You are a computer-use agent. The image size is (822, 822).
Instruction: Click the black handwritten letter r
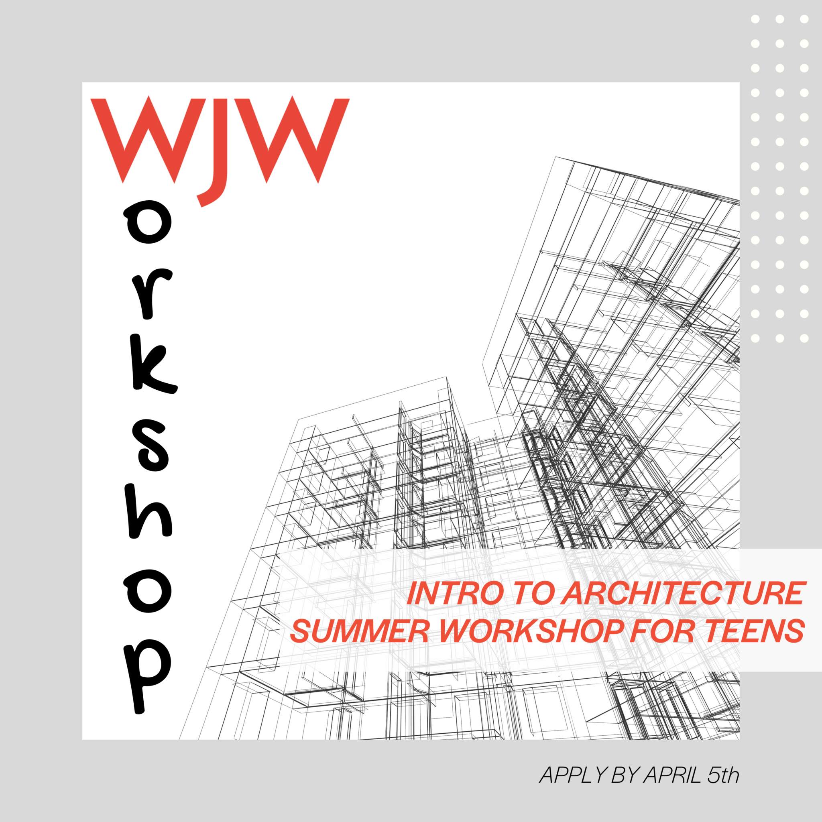point(150,293)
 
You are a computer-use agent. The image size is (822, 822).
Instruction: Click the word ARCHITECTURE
point(683,594)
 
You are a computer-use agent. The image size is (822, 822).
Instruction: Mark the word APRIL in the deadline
point(671,775)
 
